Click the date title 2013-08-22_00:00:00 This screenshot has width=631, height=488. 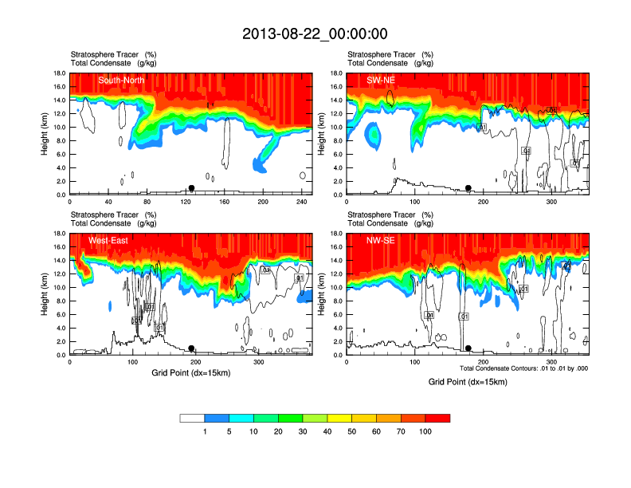315,33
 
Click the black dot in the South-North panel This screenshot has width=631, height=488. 191,188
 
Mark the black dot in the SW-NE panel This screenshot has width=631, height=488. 468,188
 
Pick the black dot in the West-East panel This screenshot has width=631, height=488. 191,348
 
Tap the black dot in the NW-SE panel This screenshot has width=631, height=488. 468,348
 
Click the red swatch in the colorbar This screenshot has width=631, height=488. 437,418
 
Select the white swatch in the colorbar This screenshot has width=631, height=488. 192,418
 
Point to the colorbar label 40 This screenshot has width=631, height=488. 327,431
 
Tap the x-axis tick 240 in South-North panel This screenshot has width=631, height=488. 303,202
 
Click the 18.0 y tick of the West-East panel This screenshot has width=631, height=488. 58,234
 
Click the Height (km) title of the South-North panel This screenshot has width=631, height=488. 45,133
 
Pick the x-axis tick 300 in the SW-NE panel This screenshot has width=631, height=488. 551,202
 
